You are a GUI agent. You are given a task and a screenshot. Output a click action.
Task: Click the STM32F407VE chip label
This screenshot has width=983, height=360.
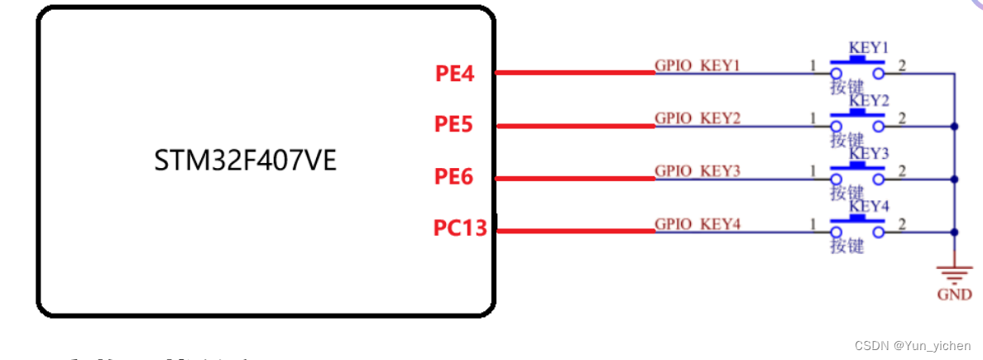[x=246, y=161]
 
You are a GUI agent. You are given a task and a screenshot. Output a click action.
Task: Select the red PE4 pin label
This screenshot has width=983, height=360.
[x=454, y=74]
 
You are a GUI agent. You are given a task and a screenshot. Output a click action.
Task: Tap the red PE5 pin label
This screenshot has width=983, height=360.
[x=453, y=125]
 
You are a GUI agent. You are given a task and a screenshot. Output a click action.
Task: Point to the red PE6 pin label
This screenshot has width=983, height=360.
[x=453, y=176]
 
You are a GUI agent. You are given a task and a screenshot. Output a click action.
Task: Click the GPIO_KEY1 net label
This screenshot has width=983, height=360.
[x=698, y=65]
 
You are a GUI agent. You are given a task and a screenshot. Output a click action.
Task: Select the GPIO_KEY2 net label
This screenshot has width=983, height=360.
[x=698, y=118]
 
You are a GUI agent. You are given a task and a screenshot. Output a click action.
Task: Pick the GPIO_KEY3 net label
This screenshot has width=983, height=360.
[x=698, y=170]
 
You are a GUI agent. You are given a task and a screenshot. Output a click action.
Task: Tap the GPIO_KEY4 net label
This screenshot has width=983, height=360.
[x=698, y=223]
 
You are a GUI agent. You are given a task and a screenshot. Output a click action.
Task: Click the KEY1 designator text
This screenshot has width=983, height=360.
[x=868, y=48]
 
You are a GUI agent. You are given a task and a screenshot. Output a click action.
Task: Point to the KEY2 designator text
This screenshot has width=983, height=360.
[x=869, y=101]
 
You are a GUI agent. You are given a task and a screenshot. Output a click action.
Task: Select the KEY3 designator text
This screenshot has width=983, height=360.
[x=869, y=154]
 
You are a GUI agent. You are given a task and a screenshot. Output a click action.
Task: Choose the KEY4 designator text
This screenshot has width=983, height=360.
[x=869, y=206]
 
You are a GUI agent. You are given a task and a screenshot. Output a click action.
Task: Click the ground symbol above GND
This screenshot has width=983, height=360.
[x=954, y=272]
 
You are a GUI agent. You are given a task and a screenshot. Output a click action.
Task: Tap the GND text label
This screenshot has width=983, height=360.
[x=954, y=295]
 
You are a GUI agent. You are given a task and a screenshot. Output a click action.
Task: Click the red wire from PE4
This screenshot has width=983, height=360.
[x=575, y=73]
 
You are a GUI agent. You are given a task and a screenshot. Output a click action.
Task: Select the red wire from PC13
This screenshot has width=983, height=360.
[x=575, y=231]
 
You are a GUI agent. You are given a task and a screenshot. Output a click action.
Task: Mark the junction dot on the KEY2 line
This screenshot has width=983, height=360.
[x=955, y=126]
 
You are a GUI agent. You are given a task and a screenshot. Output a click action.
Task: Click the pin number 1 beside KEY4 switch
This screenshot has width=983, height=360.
[x=813, y=224]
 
